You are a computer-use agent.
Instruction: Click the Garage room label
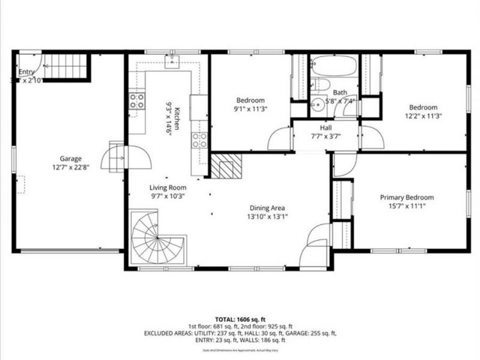[70, 158]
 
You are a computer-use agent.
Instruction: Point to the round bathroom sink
[318, 105]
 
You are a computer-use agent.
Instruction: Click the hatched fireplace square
[226, 166]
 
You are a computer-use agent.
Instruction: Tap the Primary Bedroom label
[406, 197]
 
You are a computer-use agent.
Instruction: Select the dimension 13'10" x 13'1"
[267, 217]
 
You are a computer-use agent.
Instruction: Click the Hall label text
[326, 128]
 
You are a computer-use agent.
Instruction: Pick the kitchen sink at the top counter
[172, 63]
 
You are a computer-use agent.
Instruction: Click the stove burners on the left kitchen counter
[137, 101]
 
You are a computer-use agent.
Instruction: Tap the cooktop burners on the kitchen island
[199, 140]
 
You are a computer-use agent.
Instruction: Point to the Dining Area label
[267, 208]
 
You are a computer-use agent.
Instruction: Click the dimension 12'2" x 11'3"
[423, 115]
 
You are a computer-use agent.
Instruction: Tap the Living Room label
[167, 187]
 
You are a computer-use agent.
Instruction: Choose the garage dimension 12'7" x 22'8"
[70, 166]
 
